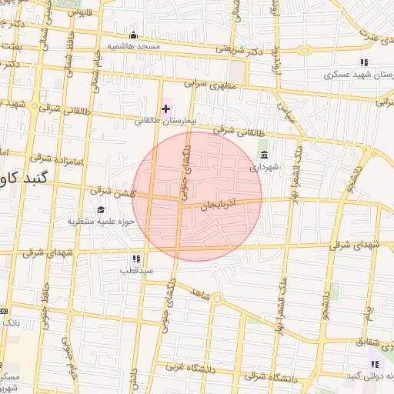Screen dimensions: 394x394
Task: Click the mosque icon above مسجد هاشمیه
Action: tap(134, 35)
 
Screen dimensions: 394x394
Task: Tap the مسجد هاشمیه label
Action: tap(134, 46)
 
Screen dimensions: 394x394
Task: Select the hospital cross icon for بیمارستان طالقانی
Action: tap(165, 109)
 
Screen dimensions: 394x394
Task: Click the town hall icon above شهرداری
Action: tap(264, 155)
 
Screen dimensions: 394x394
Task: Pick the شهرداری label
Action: tap(264, 166)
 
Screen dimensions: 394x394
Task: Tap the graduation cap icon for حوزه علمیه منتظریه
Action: tap(100, 210)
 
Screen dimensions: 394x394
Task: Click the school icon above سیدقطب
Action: tap(135, 259)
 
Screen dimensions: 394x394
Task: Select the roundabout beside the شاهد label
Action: tap(217, 299)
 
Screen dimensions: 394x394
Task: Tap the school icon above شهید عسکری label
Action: tap(363, 62)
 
